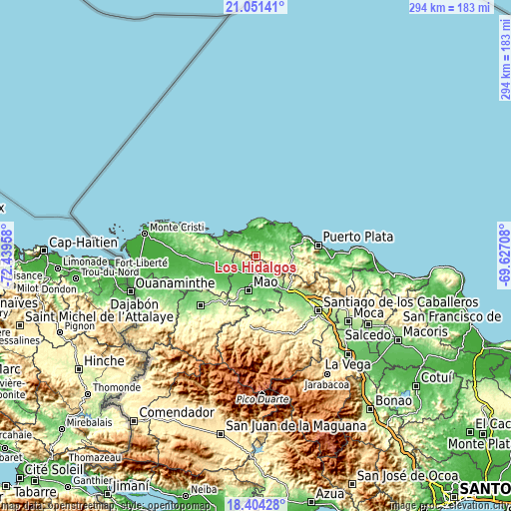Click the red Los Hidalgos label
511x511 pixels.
(254, 267)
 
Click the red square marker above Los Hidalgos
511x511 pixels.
(255, 255)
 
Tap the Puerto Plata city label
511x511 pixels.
(357, 238)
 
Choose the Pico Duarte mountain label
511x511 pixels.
(263, 399)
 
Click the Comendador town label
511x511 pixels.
(177, 411)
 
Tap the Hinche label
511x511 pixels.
(105, 360)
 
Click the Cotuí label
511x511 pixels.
(437, 378)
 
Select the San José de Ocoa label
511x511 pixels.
(401, 475)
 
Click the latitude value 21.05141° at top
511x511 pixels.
(255, 7)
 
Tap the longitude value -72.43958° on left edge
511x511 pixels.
(7, 255)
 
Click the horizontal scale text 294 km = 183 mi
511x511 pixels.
(451, 7)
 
